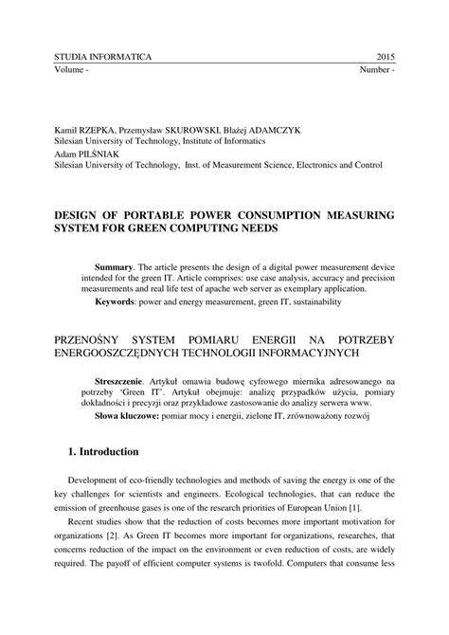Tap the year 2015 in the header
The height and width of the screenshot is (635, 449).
(386, 59)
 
